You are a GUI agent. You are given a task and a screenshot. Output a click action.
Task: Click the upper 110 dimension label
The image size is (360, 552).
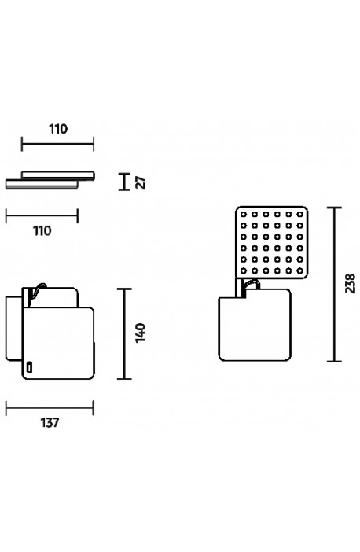pos(58,129)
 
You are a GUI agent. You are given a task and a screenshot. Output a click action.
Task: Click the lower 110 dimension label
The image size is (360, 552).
pos(42,231)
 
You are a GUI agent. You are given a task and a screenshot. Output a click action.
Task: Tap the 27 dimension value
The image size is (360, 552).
pos(141,182)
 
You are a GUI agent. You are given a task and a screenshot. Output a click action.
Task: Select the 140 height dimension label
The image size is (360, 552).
pos(141,333)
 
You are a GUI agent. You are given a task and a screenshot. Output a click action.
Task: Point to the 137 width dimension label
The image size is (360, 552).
pos(50,422)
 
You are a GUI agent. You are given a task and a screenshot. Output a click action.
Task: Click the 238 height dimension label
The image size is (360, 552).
pos(350,283)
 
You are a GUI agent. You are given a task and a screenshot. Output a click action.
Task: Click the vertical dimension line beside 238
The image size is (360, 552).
pos(334,285)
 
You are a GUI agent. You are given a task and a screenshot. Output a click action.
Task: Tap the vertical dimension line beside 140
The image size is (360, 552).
pos(124,333)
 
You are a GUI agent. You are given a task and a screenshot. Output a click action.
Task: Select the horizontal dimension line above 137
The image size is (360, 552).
pos(50,408)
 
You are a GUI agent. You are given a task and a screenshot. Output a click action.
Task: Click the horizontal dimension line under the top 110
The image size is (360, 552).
pos(57,144)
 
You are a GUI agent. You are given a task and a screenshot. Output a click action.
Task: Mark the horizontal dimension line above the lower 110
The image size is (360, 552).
pos(42,215)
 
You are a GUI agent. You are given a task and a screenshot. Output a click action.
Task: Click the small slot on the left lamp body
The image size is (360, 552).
pos(30,366)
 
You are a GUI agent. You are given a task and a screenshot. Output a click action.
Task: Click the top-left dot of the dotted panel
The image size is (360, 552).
pos(243,214)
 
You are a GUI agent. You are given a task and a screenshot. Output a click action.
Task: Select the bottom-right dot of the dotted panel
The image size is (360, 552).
pos(299,270)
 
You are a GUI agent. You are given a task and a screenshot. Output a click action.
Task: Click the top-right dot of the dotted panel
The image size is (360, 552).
pos(299,214)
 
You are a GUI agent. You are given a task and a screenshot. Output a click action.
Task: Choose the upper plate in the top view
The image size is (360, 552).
pos(58,175)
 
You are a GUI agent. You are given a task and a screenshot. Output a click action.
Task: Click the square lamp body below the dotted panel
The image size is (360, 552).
pos(255,325)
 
